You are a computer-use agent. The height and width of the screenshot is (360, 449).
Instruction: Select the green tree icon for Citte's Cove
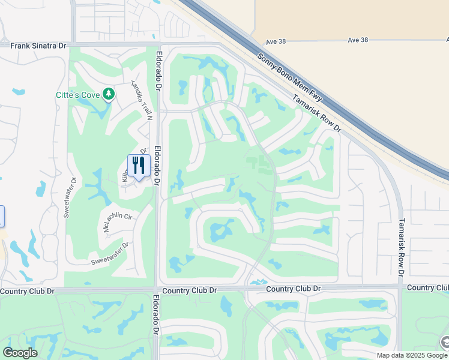coord(108,94)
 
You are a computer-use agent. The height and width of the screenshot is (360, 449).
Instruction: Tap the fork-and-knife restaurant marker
coord(139,166)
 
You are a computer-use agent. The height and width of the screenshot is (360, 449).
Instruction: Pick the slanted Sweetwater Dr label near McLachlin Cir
coord(110,254)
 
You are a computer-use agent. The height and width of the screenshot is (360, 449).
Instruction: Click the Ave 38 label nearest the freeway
coord(276,41)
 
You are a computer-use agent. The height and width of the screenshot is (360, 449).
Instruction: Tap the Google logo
coord(20,353)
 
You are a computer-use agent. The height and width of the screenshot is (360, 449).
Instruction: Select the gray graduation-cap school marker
coord(445,343)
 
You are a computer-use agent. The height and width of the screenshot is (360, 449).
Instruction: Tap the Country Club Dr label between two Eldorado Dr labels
coord(189,290)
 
